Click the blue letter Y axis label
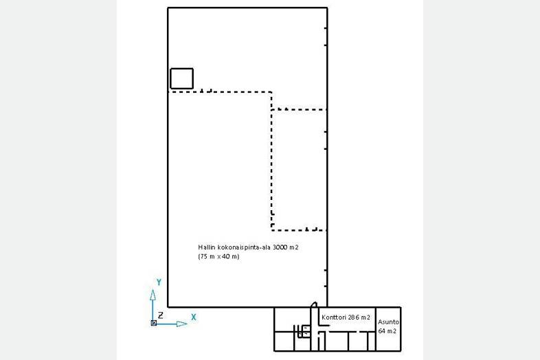coord(159,282)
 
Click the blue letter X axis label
coord(194,317)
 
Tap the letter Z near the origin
coord(161,315)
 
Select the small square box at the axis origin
coord(154,323)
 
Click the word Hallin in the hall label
coord(206,247)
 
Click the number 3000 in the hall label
coord(280,247)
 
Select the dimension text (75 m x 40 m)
coord(218,256)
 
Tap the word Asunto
coord(388,322)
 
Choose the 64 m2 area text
coord(387,331)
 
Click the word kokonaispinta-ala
coord(244,247)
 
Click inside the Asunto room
coord(388,341)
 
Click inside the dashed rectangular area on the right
coord(299,170)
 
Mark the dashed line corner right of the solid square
coord(271,92)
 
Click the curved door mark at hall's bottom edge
coord(313,304)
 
